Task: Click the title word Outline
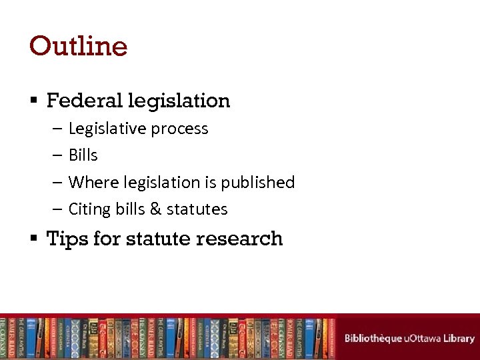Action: click(78, 46)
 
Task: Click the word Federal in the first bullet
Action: click(85, 101)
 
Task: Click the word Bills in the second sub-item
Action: click(83, 155)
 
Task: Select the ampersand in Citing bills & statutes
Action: click(156, 209)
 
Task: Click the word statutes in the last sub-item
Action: click(197, 209)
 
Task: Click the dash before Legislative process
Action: click(57, 129)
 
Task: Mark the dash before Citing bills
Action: click(57, 209)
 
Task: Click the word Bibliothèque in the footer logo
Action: click(373, 338)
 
